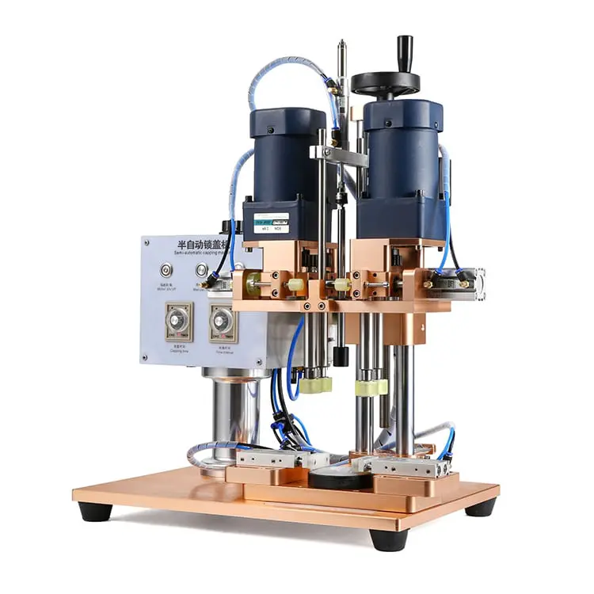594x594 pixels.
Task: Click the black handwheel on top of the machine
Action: (x=386, y=82)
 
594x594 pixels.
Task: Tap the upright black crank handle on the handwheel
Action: (x=405, y=51)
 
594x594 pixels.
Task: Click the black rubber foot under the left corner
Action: (x=94, y=511)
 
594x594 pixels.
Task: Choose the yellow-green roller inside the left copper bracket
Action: (x=256, y=283)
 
